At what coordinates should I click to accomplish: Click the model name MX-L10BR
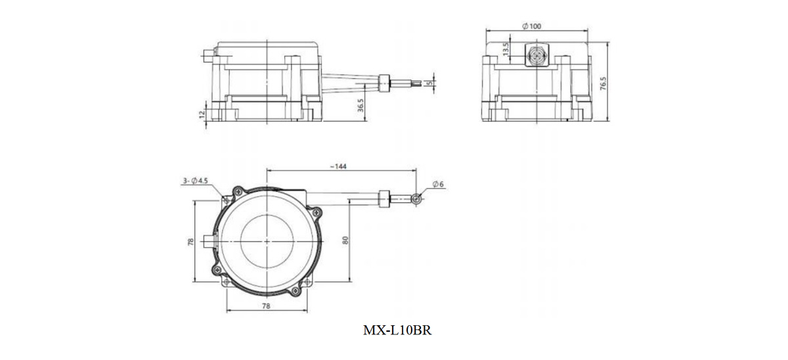click(397, 330)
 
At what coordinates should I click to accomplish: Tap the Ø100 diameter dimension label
click(531, 26)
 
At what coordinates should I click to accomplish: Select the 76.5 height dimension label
click(603, 83)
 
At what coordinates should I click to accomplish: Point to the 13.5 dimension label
click(506, 49)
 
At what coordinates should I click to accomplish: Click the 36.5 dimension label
click(361, 105)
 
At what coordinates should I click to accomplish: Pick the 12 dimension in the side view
click(202, 114)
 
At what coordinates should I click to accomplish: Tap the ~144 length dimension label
click(338, 166)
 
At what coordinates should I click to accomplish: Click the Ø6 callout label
click(438, 184)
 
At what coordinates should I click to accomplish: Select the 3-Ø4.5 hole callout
click(195, 181)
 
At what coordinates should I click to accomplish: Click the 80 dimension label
click(345, 240)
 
